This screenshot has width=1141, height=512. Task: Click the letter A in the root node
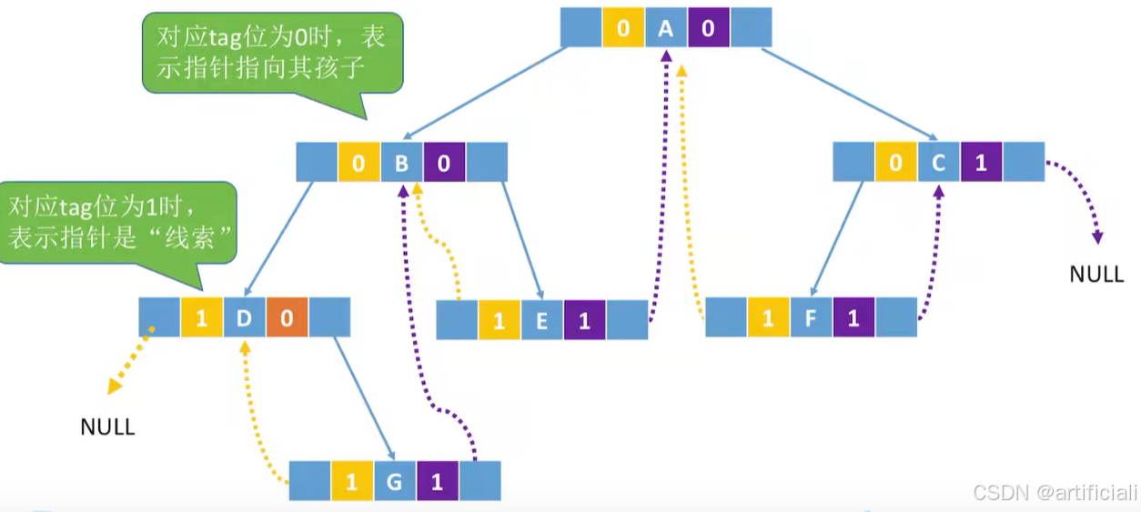(x=666, y=28)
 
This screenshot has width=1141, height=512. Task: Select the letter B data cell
(x=402, y=164)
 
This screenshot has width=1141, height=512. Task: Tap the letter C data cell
(x=939, y=164)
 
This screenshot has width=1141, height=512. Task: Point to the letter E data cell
(x=541, y=320)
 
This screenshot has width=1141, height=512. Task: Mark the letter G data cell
(x=394, y=481)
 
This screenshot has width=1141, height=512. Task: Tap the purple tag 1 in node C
(x=981, y=164)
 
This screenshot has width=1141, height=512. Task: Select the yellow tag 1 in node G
(x=352, y=481)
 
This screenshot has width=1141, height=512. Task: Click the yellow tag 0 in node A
(x=623, y=28)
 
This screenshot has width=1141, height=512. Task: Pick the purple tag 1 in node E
(x=584, y=320)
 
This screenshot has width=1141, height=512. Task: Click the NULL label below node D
(x=107, y=427)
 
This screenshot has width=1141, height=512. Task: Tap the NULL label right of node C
(x=1096, y=274)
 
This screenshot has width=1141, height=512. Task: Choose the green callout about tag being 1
(x=118, y=222)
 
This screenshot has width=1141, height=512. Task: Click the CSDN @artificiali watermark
(x=1055, y=493)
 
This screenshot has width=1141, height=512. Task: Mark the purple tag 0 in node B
(x=444, y=164)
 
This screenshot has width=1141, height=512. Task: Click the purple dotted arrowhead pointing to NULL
(x=1097, y=237)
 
